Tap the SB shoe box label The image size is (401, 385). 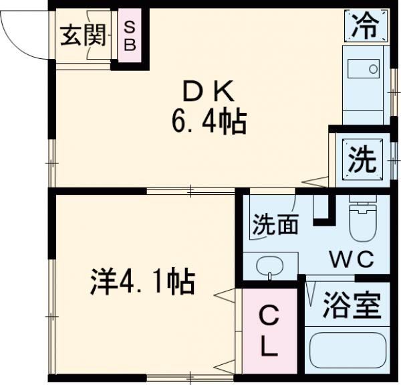pyautogui.click(x=130, y=36)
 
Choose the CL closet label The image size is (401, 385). pyautogui.click(x=269, y=331)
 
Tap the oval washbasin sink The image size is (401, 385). pyautogui.click(x=271, y=266)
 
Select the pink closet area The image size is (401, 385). pyautogui.click(x=269, y=331)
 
